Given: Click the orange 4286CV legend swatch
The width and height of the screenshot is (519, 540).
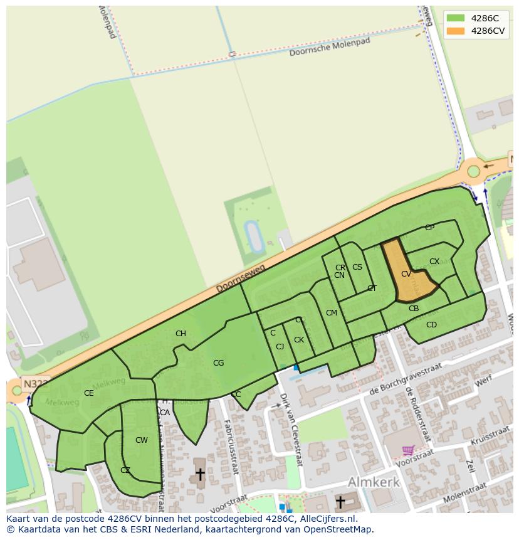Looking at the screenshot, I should coord(456,31).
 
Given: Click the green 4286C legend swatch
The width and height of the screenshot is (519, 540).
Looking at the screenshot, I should coord(456,18).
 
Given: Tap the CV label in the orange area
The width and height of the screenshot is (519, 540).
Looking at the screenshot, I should coord(406,274).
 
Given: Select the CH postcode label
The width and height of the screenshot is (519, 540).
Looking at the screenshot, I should coord(181,334).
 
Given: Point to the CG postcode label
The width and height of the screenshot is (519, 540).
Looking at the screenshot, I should coord(218,363).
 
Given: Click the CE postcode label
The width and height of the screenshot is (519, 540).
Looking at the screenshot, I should coord(88,393).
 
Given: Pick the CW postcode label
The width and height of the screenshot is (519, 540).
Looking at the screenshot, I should coord(142,440).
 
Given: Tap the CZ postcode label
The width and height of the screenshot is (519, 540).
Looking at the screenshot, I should coord(125,470).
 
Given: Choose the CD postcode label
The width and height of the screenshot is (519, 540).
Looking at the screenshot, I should coord(431,325).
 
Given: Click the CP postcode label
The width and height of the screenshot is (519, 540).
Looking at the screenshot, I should coord(429,228).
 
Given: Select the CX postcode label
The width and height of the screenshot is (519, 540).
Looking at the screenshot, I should coord(434,262).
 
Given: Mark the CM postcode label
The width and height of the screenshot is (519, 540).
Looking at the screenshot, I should coord(332,313).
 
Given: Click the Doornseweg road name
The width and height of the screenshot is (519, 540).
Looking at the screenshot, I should coord(241,278).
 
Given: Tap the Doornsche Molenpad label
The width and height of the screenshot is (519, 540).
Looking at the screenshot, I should coord(330,47).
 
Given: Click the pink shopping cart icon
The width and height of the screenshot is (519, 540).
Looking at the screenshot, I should coord(408,450).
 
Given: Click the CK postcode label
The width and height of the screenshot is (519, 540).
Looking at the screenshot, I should coord(299,340).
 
